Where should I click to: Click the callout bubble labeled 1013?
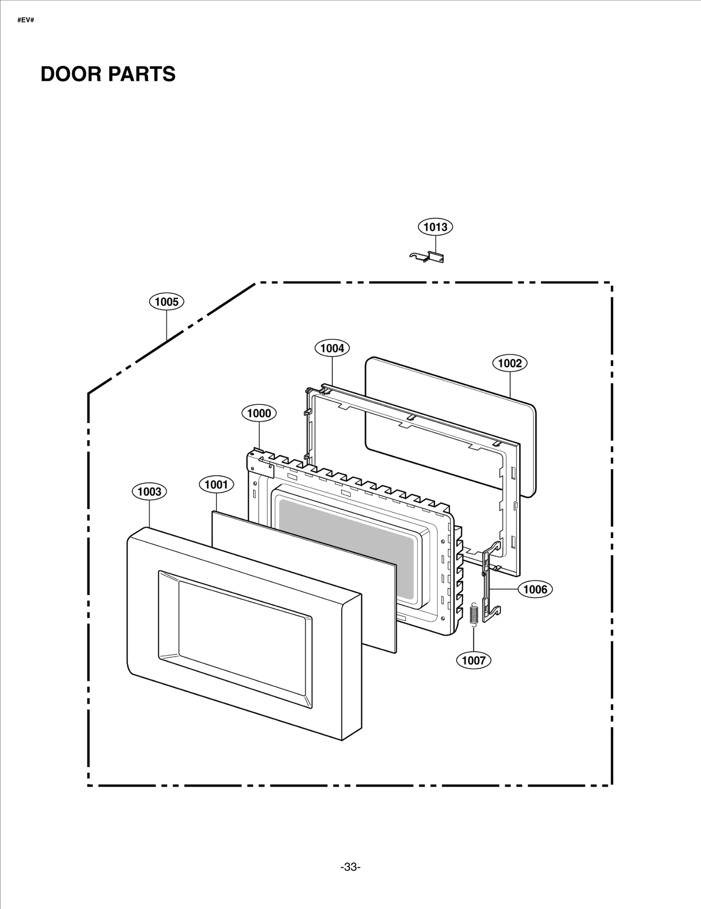tap(435, 227)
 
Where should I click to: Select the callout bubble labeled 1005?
tap(166, 302)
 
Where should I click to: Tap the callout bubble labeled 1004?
tap(332, 348)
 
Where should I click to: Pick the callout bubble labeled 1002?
tap(510, 363)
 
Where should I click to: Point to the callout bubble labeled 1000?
tap(259, 413)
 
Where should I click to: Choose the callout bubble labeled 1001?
tap(216, 485)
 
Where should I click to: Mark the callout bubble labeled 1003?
tap(149, 492)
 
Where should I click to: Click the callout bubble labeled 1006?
tap(535, 589)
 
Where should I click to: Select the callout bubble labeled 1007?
tap(474, 660)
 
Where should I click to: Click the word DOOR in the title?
tap(71, 74)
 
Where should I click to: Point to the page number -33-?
tap(350, 867)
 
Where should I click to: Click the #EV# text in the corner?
tap(25, 20)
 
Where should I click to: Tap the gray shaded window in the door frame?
tap(346, 548)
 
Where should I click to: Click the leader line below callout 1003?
tap(149, 513)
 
